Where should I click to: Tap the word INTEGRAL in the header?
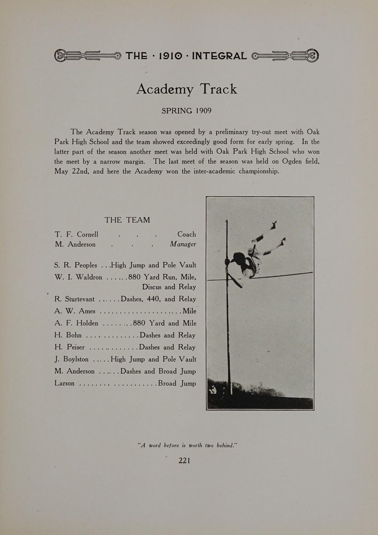point(219,56)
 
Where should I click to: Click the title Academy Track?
point(187,89)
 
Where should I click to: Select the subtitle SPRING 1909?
point(187,111)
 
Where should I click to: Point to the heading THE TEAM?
point(127,220)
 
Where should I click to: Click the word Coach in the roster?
point(187,234)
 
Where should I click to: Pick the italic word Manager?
point(183,244)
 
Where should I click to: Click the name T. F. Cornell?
point(77,234)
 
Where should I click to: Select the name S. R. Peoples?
point(76,265)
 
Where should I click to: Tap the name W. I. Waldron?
point(78,277)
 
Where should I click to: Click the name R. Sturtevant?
point(75,299)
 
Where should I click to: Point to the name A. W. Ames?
point(75,311)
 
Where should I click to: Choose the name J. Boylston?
point(72,359)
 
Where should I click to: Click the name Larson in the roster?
point(65,383)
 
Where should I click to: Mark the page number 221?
point(184,460)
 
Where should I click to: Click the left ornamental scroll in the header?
point(88,56)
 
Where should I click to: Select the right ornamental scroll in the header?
point(285,56)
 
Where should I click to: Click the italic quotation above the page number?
point(187,445)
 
